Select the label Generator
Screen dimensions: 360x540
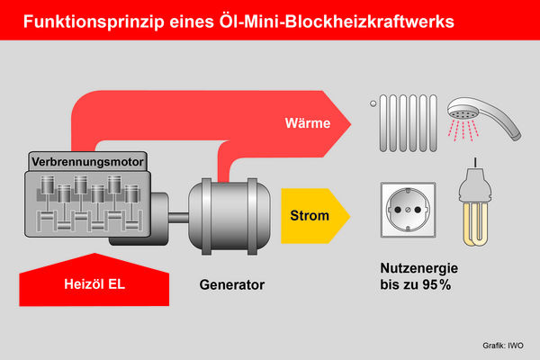click(232, 285)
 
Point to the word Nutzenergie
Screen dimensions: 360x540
click(420, 268)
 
